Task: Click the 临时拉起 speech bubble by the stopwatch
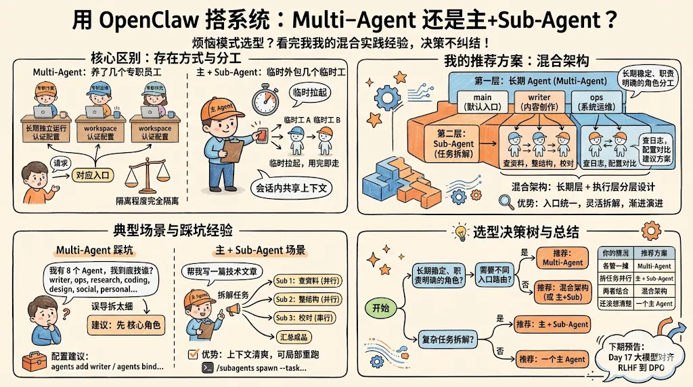307,93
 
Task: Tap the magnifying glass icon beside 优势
506,202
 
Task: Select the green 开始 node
380,308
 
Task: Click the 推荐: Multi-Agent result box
563,258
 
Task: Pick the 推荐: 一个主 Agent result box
551,359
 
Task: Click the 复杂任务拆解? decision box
447,332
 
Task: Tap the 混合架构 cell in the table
654,291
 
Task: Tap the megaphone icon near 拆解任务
233,309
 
